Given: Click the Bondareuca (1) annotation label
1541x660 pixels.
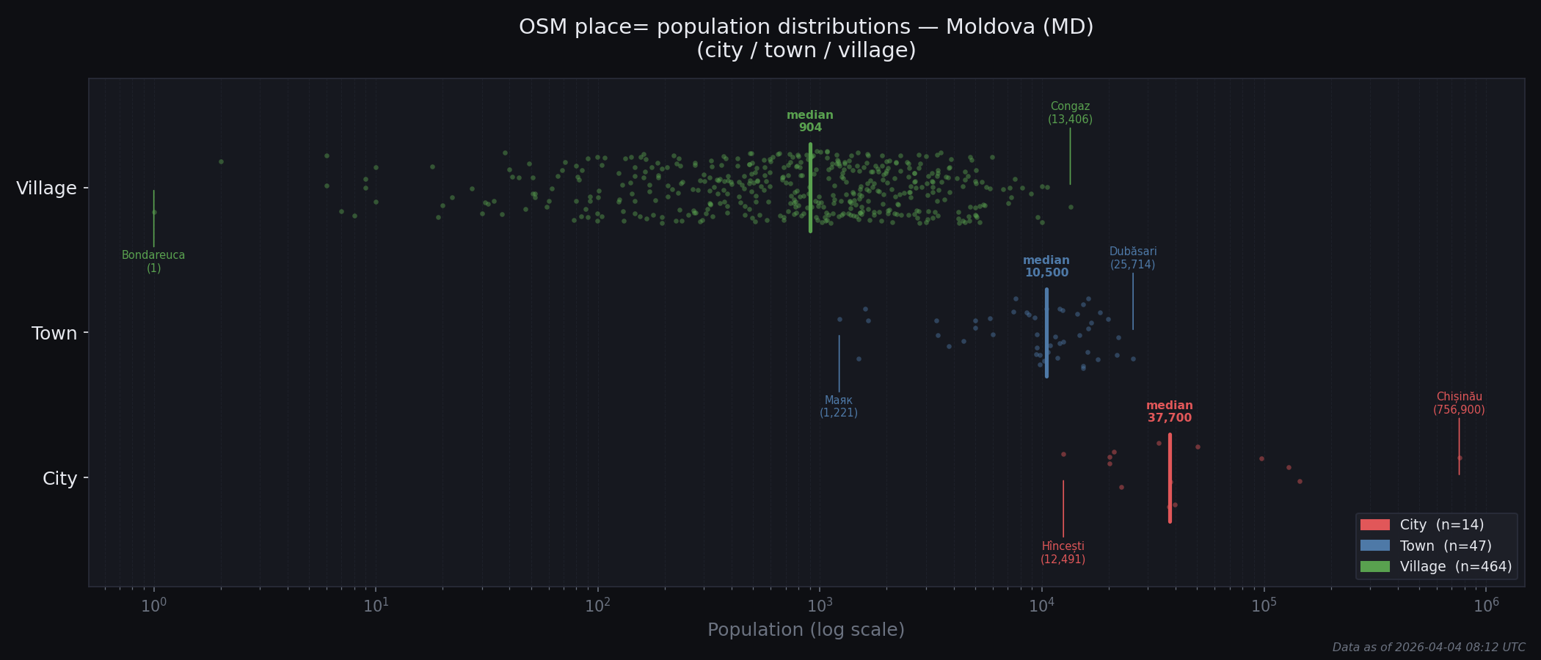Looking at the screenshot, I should coord(153,262).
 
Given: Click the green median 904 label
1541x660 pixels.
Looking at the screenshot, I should coord(809,122).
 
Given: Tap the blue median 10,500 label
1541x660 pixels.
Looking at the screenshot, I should coord(1046,267).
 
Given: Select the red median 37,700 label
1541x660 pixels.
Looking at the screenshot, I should coord(1169,412).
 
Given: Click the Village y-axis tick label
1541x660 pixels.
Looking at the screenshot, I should coord(46,188).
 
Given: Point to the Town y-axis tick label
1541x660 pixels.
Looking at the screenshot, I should coord(54,334).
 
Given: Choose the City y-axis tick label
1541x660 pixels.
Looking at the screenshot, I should coord(59,479).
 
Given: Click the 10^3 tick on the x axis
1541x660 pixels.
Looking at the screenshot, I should coord(820,606).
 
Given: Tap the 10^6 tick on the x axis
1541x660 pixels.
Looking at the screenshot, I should coord(1486,606).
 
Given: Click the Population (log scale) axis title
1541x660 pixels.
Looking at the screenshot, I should coord(806,630).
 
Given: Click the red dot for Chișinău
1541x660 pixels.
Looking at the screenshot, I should coord(1460,458).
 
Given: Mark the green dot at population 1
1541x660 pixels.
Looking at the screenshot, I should coord(154,213).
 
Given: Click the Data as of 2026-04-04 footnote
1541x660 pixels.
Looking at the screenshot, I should coord(1428,648).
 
